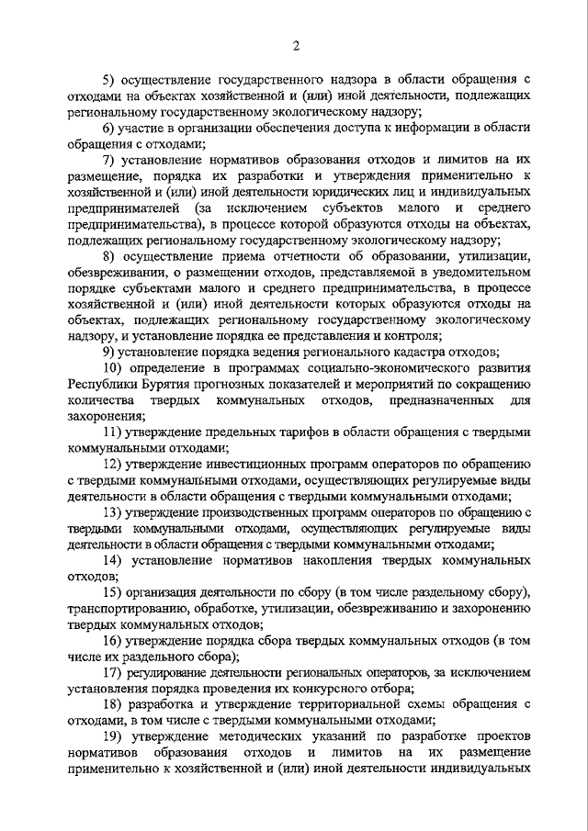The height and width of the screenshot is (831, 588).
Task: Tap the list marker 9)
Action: (x=107, y=352)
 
